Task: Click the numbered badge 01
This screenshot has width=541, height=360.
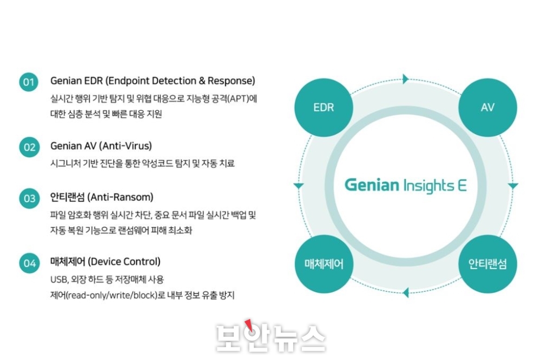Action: [29, 82]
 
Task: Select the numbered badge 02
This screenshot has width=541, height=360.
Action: [29, 147]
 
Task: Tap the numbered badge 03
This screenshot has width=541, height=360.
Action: [29, 198]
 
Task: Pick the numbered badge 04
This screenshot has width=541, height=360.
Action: [29, 263]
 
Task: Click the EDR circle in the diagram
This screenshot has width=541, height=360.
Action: [324, 107]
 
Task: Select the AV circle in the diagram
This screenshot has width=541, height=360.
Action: [487, 107]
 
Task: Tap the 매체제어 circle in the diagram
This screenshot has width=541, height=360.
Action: [324, 264]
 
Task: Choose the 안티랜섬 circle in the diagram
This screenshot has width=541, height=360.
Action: [487, 264]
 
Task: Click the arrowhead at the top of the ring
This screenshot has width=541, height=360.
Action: [406, 79]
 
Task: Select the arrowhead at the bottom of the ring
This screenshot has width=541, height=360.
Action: [406, 292]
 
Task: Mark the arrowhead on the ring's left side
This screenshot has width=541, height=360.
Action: [299, 186]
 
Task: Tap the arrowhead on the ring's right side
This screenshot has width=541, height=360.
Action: [513, 186]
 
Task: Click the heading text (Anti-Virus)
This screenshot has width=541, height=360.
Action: [126, 146]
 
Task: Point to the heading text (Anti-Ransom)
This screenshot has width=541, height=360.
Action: [121, 197]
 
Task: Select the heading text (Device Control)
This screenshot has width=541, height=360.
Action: [124, 262]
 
